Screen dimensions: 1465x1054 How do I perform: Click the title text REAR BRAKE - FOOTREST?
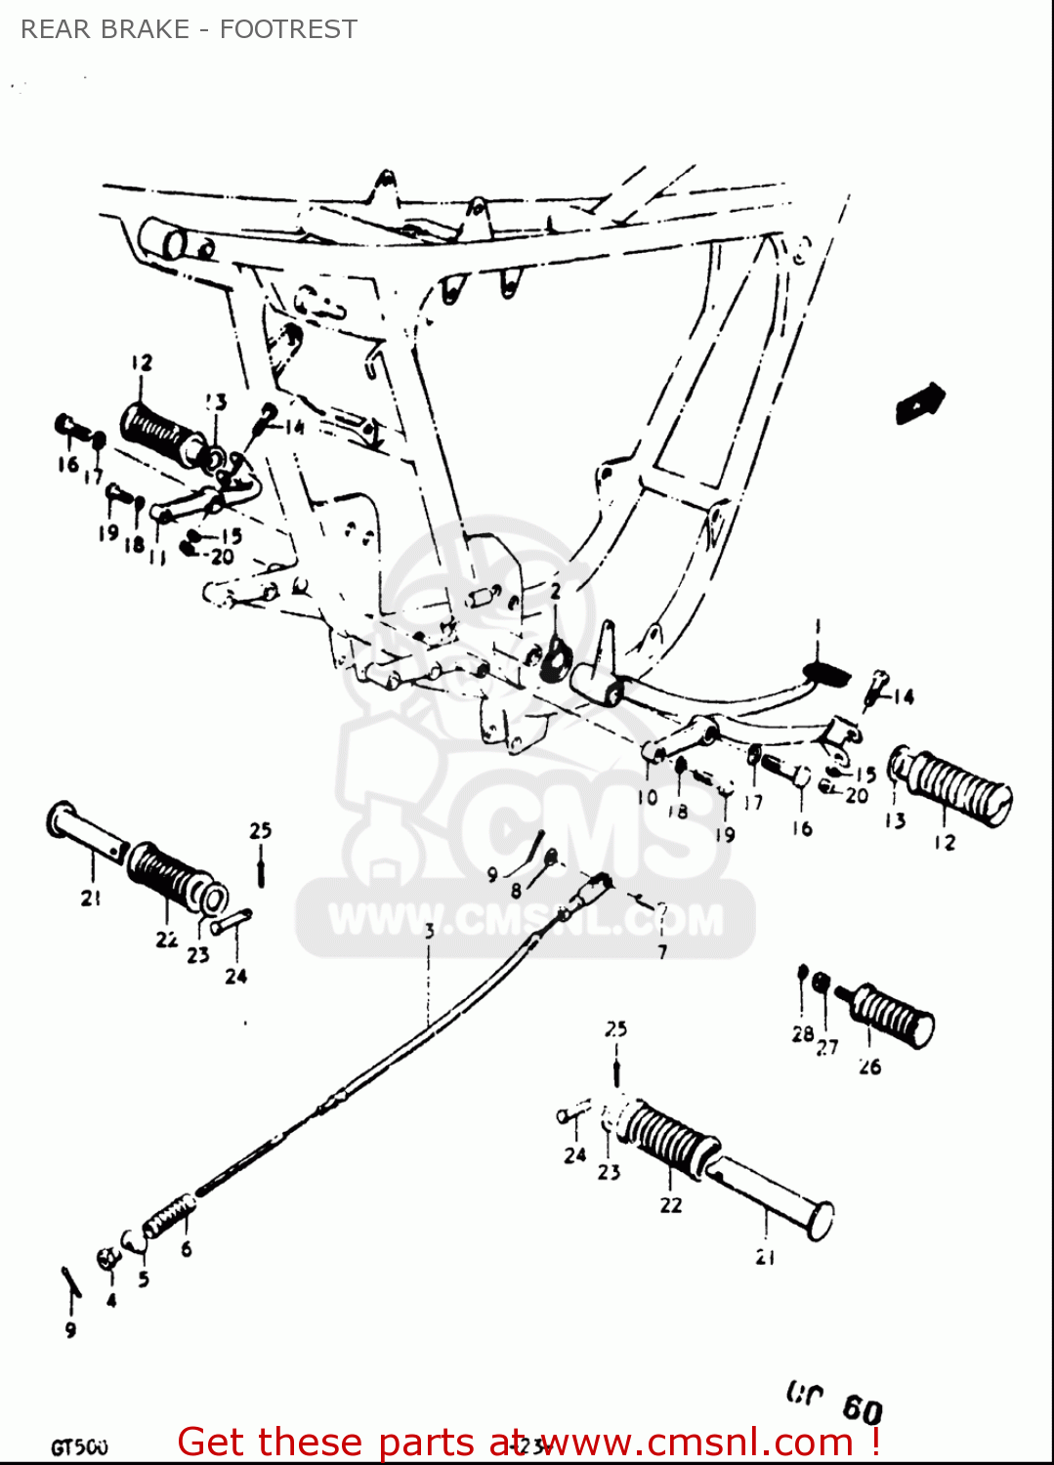pyautogui.click(x=189, y=29)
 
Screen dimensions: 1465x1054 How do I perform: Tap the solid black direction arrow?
pyautogui.click(x=920, y=402)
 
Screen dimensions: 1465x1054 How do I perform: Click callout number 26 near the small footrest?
pyautogui.click(x=869, y=1067)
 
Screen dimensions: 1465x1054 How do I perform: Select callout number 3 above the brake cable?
pyautogui.click(x=429, y=931)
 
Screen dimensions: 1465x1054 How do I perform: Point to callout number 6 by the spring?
pyautogui.click(x=187, y=1248)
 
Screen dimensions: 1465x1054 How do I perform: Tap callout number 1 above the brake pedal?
pyautogui.click(x=818, y=626)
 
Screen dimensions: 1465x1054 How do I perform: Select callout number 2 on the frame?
pyautogui.click(x=555, y=592)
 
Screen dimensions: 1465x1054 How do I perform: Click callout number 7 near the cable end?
pyautogui.click(x=662, y=950)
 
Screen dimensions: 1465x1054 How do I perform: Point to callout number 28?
pyautogui.click(x=803, y=1033)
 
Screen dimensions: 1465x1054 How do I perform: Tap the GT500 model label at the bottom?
pyautogui.click(x=79, y=1447)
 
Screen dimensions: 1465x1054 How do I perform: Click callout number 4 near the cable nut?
pyautogui.click(x=111, y=1300)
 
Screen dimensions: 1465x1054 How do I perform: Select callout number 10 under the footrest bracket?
pyautogui.click(x=647, y=797)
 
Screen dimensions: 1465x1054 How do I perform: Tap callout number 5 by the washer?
pyautogui.click(x=144, y=1279)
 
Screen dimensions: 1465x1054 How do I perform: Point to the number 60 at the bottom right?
pyautogui.click(x=862, y=1409)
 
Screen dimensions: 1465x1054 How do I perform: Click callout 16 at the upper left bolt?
pyautogui.click(x=67, y=464)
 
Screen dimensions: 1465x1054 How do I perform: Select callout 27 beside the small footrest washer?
pyautogui.click(x=827, y=1047)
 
